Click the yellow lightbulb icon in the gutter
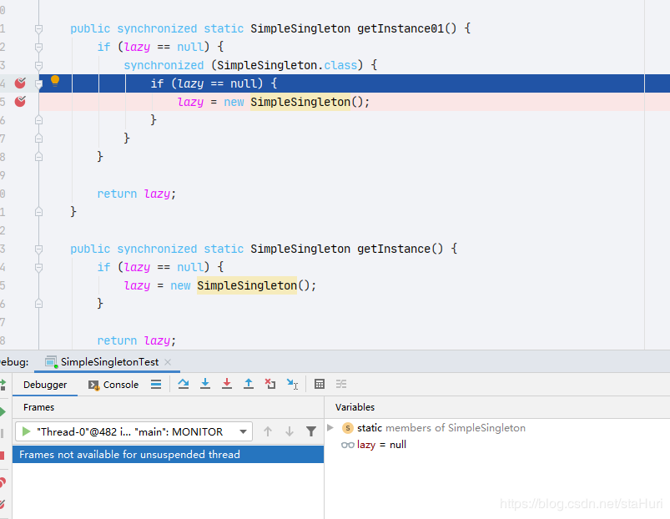pyautogui.click(x=55, y=81)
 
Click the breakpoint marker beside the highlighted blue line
pyautogui.click(x=20, y=83)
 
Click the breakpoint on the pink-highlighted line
pyautogui.click(x=20, y=101)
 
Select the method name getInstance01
pyautogui.click(x=400, y=28)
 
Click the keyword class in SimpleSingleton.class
pyautogui.click(x=340, y=65)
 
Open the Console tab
pyautogui.click(x=113, y=385)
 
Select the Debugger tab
pyautogui.click(x=45, y=385)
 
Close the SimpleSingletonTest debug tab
pyautogui.click(x=168, y=362)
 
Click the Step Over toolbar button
pyautogui.click(x=184, y=384)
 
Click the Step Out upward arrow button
pyautogui.click(x=249, y=384)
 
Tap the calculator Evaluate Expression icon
pyautogui.click(x=320, y=384)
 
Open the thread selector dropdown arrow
pyautogui.click(x=243, y=431)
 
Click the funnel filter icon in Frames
pyautogui.click(x=311, y=431)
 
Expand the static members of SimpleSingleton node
pyautogui.click(x=330, y=427)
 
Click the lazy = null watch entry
pyautogui.click(x=374, y=445)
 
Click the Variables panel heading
pyautogui.click(x=355, y=407)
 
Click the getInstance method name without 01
pyautogui.click(x=394, y=249)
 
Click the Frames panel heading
pyautogui.click(x=39, y=407)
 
